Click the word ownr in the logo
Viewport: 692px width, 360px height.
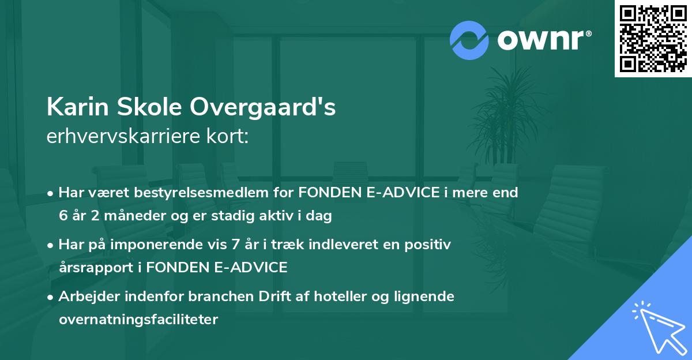(541, 40)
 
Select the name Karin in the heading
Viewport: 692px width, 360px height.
(73, 108)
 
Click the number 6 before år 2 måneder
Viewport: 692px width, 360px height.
(62, 216)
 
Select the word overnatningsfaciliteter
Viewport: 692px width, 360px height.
(138, 319)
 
